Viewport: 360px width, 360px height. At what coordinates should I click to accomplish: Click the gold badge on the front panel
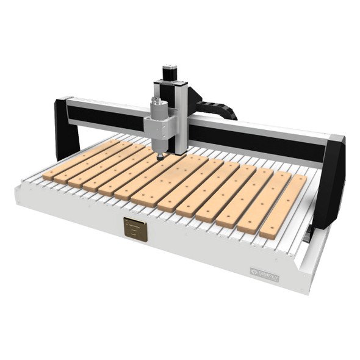pos(135,229)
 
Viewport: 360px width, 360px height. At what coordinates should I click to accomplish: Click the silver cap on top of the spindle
pos(156,99)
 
